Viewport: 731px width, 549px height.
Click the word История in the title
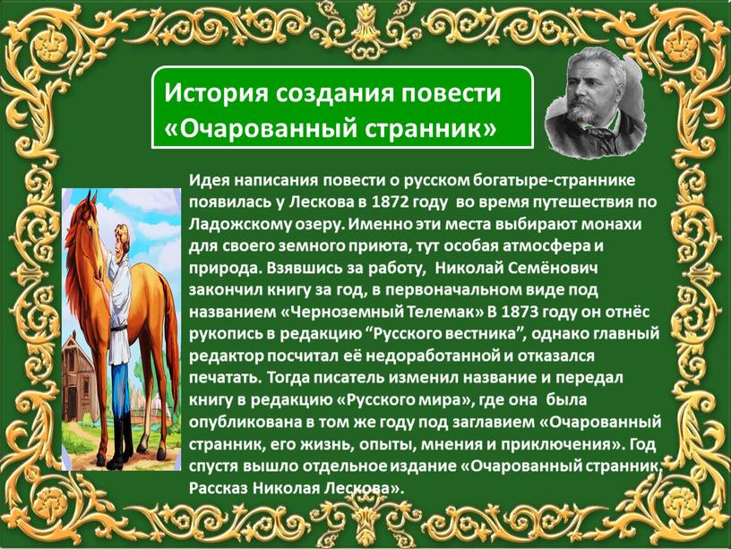pos(216,93)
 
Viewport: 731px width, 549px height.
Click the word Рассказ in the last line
pos(219,488)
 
